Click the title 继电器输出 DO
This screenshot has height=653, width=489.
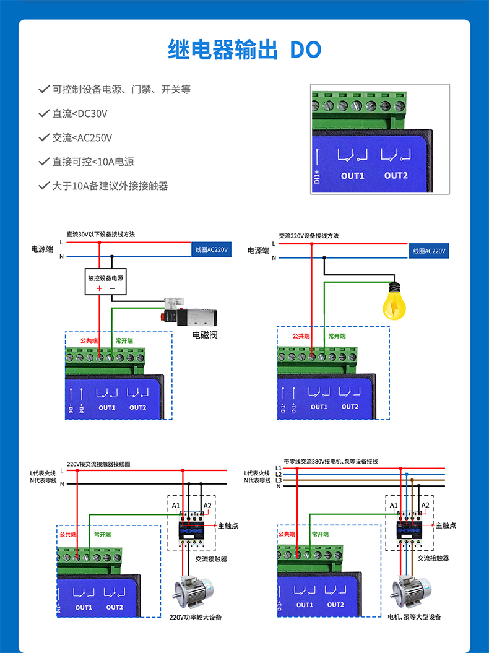click(244, 50)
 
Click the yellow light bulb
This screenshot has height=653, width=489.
click(394, 301)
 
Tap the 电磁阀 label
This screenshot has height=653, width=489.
click(205, 335)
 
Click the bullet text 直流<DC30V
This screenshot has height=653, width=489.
click(80, 113)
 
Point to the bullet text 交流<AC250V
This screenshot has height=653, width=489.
click(82, 137)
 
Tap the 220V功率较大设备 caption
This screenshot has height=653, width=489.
click(196, 617)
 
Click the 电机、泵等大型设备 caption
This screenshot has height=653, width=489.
click(414, 617)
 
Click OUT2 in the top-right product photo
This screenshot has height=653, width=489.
click(396, 175)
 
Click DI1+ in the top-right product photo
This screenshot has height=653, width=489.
click(317, 176)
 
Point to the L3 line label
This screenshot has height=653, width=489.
click(278, 480)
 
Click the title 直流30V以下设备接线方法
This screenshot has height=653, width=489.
click(101, 235)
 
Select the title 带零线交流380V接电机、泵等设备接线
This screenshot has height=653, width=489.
click(331, 462)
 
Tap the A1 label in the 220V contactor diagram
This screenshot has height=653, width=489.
click(176, 506)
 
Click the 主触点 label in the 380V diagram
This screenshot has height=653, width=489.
click(446, 525)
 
